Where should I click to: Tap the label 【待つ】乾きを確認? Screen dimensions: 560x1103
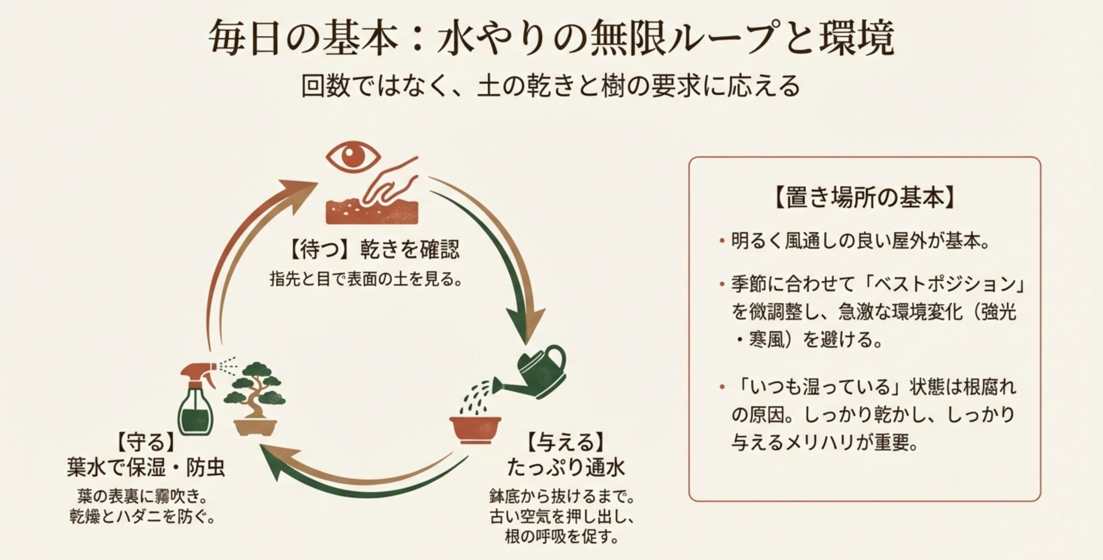(373, 249)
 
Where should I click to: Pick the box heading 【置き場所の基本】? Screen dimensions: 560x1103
(864, 199)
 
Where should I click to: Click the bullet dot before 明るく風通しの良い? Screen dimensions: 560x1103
(722, 243)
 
